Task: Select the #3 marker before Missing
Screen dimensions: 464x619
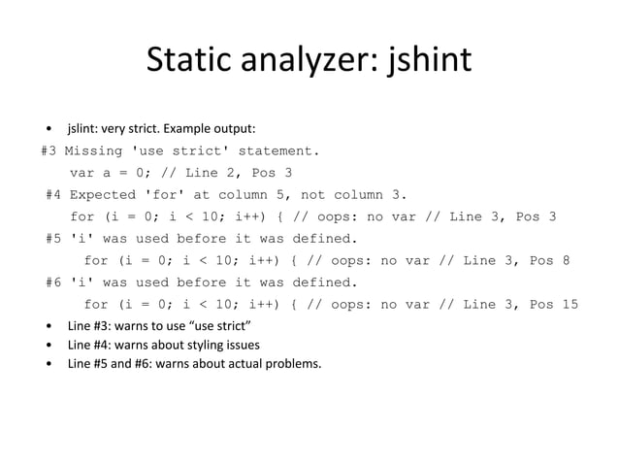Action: (x=50, y=150)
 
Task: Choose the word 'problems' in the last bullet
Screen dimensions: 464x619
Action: (x=293, y=365)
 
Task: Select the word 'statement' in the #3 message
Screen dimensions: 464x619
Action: (x=278, y=150)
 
